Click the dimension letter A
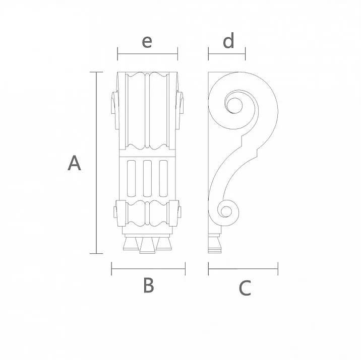tap(74, 164)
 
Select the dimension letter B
tap(148, 285)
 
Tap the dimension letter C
tap(244, 288)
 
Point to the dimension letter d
tap(228, 41)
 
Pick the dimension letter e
tap(147, 41)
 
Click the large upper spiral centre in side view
tap(234, 106)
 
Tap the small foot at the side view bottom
tap(215, 244)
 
